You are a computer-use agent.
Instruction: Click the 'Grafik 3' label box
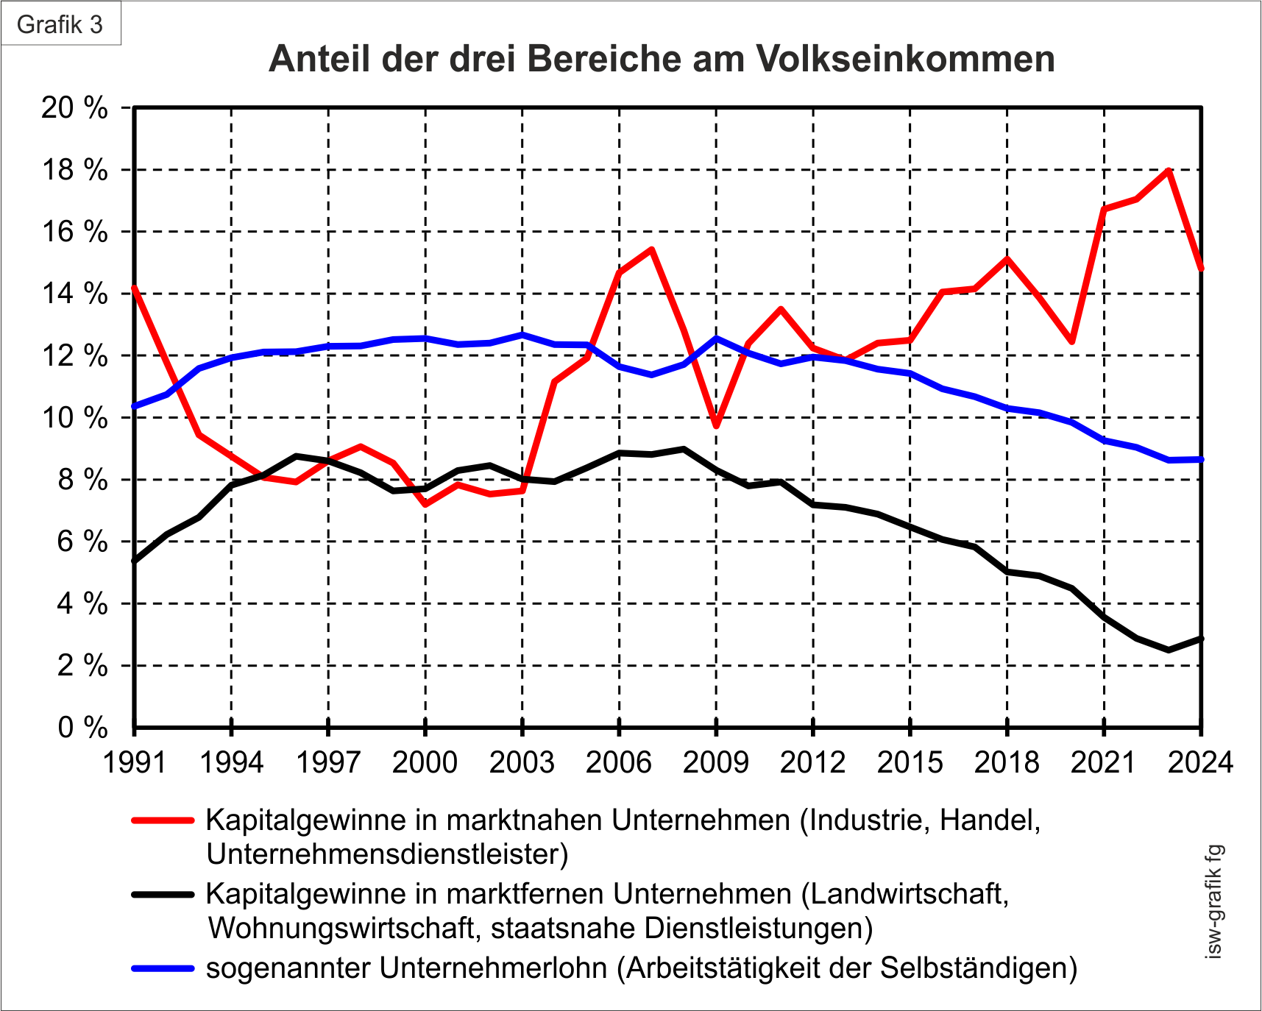(60, 24)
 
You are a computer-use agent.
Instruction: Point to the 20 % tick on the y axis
(74, 108)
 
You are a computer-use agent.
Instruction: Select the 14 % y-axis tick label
(74, 294)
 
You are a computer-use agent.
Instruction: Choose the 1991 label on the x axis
(135, 762)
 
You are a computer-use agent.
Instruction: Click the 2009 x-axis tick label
(716, 762)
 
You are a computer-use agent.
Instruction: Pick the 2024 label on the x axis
(1200, 762)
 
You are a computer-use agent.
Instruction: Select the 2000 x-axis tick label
(425, 762)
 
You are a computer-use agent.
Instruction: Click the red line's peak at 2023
(1169, 171)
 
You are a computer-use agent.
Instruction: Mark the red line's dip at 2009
(716, 425)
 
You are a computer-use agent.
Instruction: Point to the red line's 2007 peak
(651, 250)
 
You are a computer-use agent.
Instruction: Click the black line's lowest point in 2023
(1169, 650)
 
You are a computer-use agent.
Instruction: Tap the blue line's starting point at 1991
(135, 406)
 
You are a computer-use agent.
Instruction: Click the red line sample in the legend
(163, 820)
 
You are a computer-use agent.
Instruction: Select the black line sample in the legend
(163, 894)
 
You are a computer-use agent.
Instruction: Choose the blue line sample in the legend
(163, 968)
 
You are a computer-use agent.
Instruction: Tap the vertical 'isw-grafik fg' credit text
(1213, 901)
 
